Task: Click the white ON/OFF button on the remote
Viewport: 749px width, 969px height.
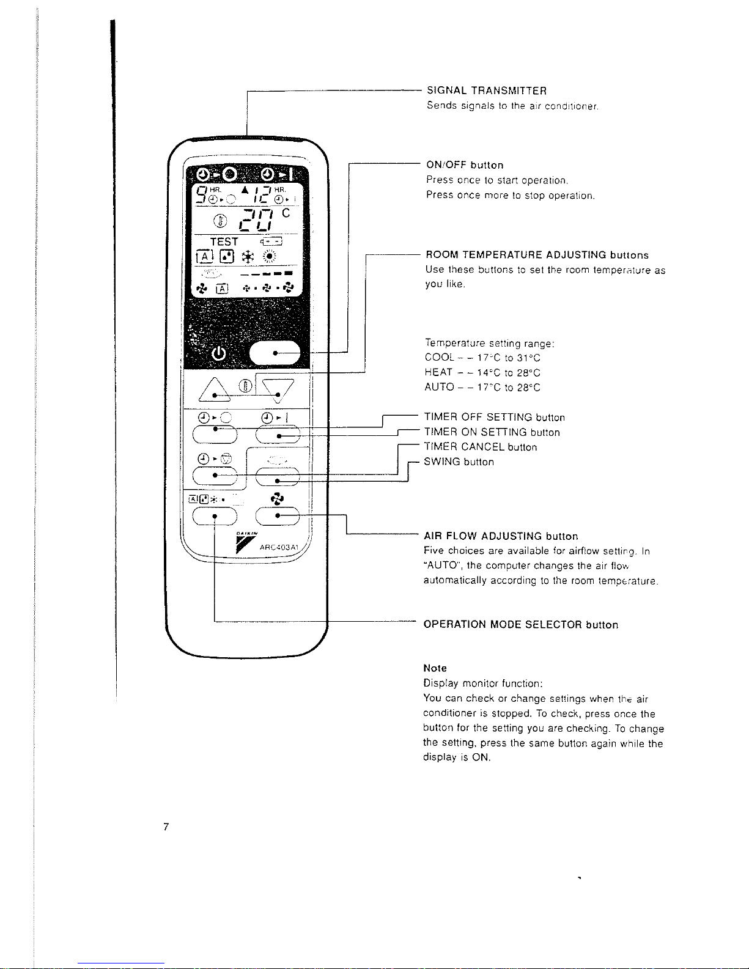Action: (x=275, y=353)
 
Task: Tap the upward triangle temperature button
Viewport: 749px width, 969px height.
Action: (x=215, y=389)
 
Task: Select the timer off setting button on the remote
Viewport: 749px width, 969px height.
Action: (x=215, y=434)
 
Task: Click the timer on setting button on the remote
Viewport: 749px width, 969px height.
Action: (x=278, y=434)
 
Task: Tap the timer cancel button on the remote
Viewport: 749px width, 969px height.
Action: (x=215, y=476)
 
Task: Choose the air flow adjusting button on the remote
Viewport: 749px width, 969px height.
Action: (x=278, y=517)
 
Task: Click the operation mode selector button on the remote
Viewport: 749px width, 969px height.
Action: (x=215, y=517)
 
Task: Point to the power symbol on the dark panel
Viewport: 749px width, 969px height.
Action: (x=218, y=353)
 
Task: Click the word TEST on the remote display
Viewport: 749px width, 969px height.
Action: (x=224, y=241)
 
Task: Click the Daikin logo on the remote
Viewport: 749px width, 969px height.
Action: (x=246, y=543)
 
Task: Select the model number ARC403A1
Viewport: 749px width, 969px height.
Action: (x=279, y=547)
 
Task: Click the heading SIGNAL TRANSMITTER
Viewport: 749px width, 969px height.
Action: (x=487, y=90)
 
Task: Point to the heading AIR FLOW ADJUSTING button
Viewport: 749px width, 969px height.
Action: (x=501, y=536)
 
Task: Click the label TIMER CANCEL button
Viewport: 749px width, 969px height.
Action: (x=480, y=447)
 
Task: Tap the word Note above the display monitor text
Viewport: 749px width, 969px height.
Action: (x=435, y=668)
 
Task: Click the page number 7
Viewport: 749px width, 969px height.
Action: (x=166, y=827)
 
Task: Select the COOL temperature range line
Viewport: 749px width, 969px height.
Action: (x=482, y=358)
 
